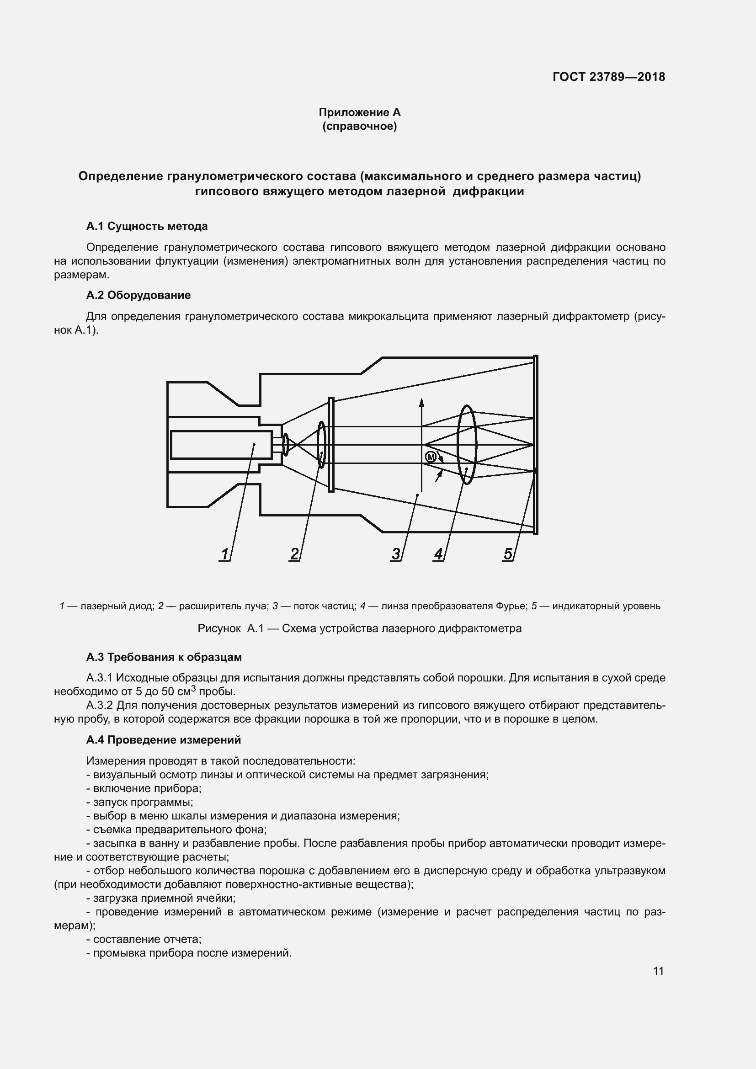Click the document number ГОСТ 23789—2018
608,77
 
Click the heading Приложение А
359,112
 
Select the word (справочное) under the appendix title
359,126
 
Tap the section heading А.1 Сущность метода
147,226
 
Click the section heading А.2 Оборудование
138,295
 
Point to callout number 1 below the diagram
225,554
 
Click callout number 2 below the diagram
294,554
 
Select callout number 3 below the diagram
396,554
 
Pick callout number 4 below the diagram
438,554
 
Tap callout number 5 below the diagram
507,554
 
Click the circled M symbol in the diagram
431,457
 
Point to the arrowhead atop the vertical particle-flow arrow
421,403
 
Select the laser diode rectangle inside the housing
221,445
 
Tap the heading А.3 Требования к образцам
164,657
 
